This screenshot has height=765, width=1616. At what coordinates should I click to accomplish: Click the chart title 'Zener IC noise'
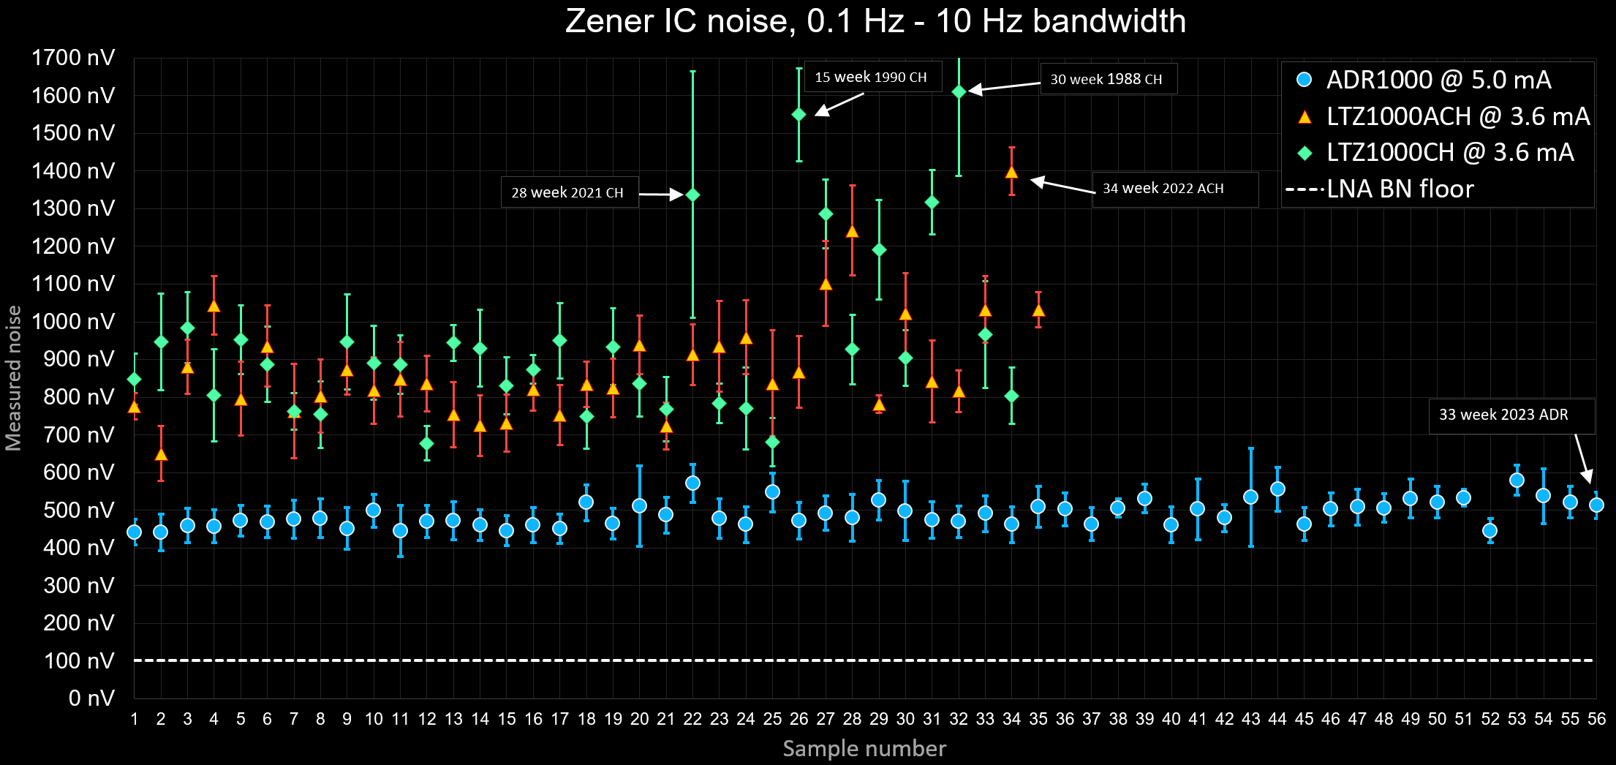click(x=875, y=21)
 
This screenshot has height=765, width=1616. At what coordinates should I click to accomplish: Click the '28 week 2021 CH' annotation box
click(x=568, y=192)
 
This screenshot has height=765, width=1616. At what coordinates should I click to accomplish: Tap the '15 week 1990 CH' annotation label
click(x=871, y=77)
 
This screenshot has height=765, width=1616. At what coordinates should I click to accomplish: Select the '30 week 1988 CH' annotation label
click(x=1106, y=79)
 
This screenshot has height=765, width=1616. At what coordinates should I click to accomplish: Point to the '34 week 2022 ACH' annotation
click(x=1163, y=189)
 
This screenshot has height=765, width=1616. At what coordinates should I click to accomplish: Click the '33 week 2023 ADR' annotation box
click(x=1503, y=415)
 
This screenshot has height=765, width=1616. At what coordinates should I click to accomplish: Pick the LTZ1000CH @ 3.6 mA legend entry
click(x=1449, y=152)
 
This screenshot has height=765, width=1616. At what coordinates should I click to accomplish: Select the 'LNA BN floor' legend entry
click(x=1399, y=189)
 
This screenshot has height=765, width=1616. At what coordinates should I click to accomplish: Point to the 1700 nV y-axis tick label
click(x=73, y=58)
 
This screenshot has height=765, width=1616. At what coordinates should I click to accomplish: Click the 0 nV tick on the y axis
click(x=91, y=698)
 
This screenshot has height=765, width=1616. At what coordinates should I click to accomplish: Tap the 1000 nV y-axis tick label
click(x=73, y=322)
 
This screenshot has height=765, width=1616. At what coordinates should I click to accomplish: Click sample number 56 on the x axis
click(x=1596, y=719)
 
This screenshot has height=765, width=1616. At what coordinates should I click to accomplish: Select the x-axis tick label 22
click(x=692, y=719)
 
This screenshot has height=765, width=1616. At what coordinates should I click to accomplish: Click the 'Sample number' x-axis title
click(x=864, y=748)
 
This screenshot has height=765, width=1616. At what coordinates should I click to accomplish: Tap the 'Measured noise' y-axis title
click(x=14, y=378)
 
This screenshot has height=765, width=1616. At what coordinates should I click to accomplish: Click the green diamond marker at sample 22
click(x=693, y=195)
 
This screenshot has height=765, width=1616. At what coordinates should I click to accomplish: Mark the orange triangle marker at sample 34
click(x=1012, y=173)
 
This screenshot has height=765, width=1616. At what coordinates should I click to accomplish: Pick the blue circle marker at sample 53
click(x=1517, y=481)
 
